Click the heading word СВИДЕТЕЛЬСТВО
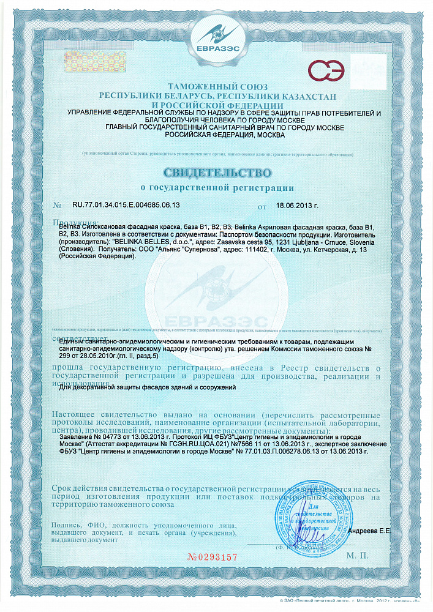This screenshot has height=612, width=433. (217, 170)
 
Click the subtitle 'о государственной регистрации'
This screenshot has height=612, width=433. (217, 187)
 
